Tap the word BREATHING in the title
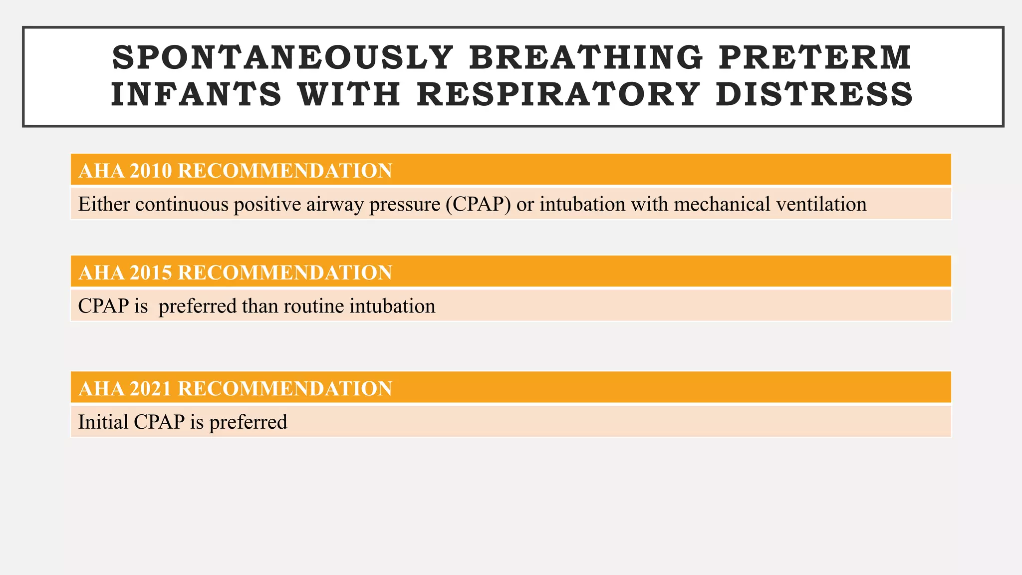coord(585,57)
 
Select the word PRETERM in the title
coord(815,57)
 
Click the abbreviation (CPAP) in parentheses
coord(479,205)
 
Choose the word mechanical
coord(722,205)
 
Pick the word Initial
coord(103,422)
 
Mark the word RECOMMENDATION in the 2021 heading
coord(285,388)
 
